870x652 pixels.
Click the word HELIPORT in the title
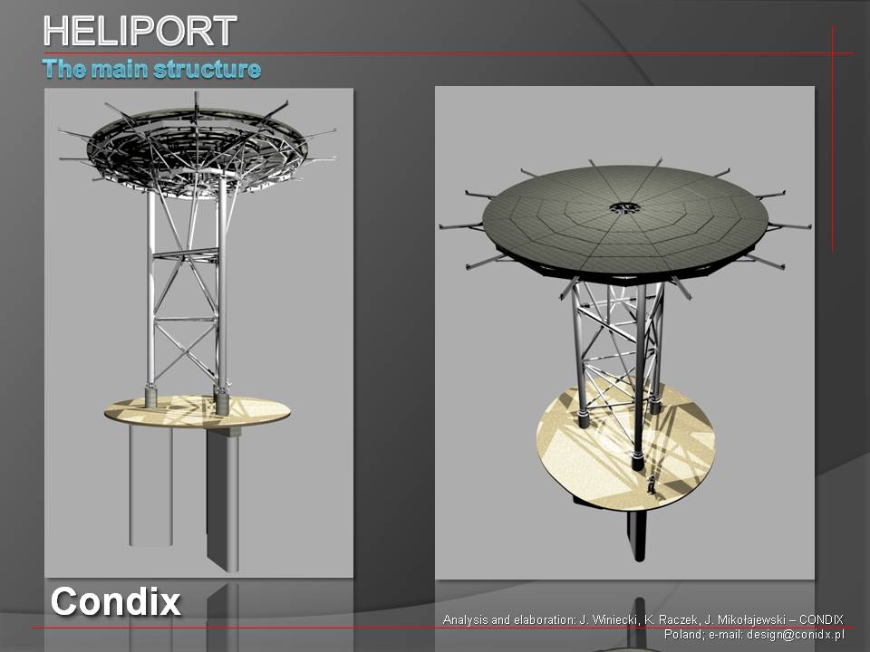[140, 31]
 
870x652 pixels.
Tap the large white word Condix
[115, 601]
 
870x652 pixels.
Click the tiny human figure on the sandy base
[651, 484]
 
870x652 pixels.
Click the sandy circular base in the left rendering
[197, 412]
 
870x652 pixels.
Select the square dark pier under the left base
[223, 499]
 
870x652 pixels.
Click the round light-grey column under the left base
[150, 485]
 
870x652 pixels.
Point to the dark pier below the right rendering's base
[637, 535]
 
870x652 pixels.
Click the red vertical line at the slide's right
[833, 139]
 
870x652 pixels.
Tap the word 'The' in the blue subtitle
[63, 69]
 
